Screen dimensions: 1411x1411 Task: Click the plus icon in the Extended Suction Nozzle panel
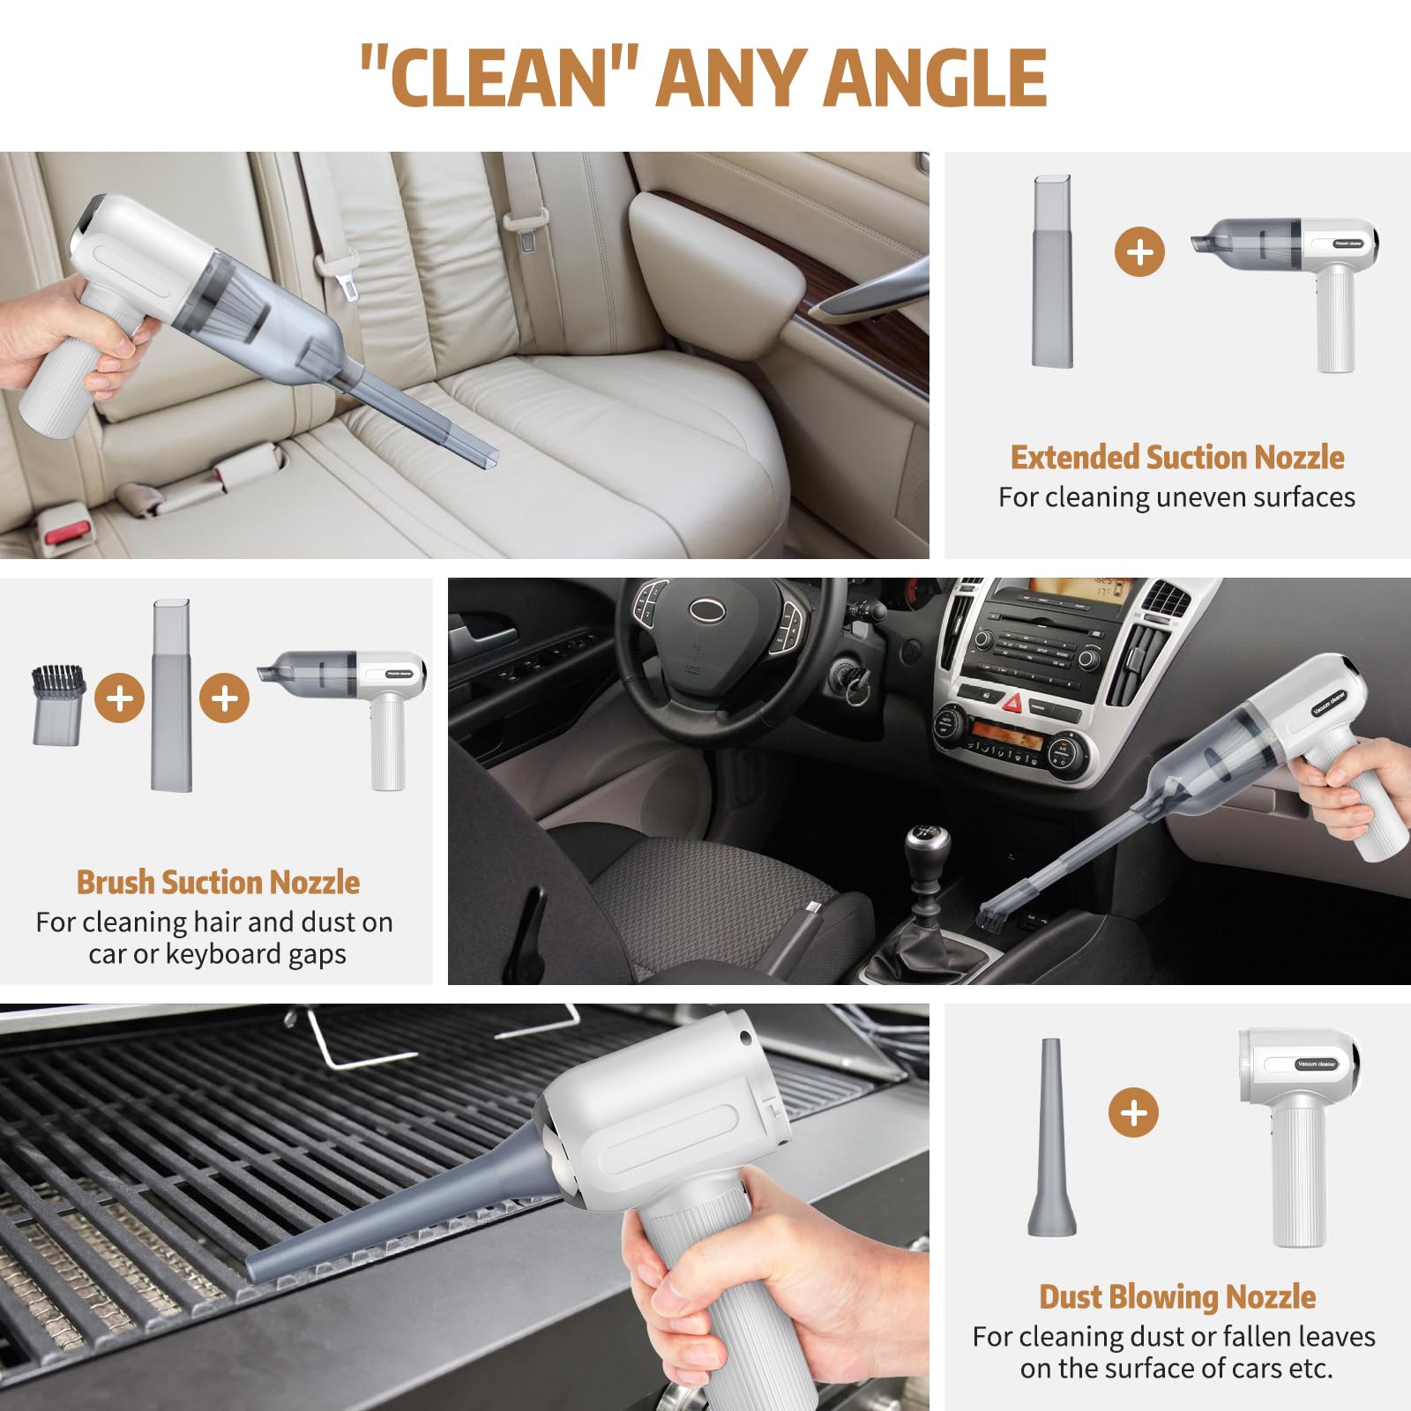[1139, 252]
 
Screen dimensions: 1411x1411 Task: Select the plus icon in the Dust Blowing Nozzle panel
[1133, 1112]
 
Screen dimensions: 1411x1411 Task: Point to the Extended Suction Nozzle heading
[1177, 458]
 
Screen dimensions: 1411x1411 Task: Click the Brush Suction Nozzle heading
[218, 883]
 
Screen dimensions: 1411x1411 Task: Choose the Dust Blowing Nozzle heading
[1177, 1297]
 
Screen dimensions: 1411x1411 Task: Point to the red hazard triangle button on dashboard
[1012, 704]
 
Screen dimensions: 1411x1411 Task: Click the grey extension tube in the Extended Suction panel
[1053, 271]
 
